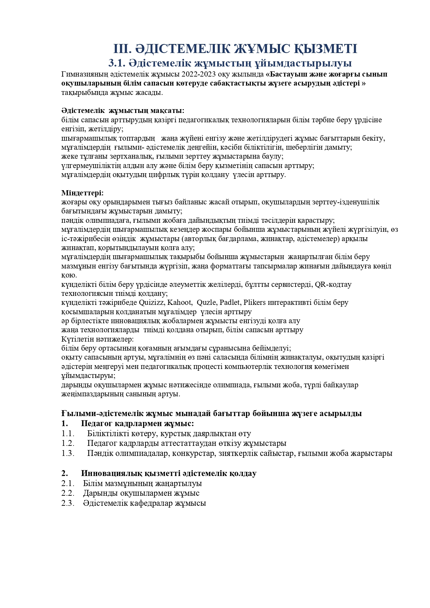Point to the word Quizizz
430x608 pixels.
tap(152, 302)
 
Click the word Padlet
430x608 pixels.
tap(230, 302)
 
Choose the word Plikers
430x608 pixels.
tap(255, 302)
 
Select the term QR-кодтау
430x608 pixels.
tap(333, 284)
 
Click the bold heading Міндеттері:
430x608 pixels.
tap(82, 193)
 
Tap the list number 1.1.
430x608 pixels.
tap(68, 433)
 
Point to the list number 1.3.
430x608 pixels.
tap(68, 453)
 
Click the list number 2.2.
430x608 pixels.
tap(68, 493)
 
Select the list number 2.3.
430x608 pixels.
tap(68, 503)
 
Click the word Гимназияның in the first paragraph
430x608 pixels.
tap(83, 74)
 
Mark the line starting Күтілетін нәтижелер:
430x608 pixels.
tap(97, 339)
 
